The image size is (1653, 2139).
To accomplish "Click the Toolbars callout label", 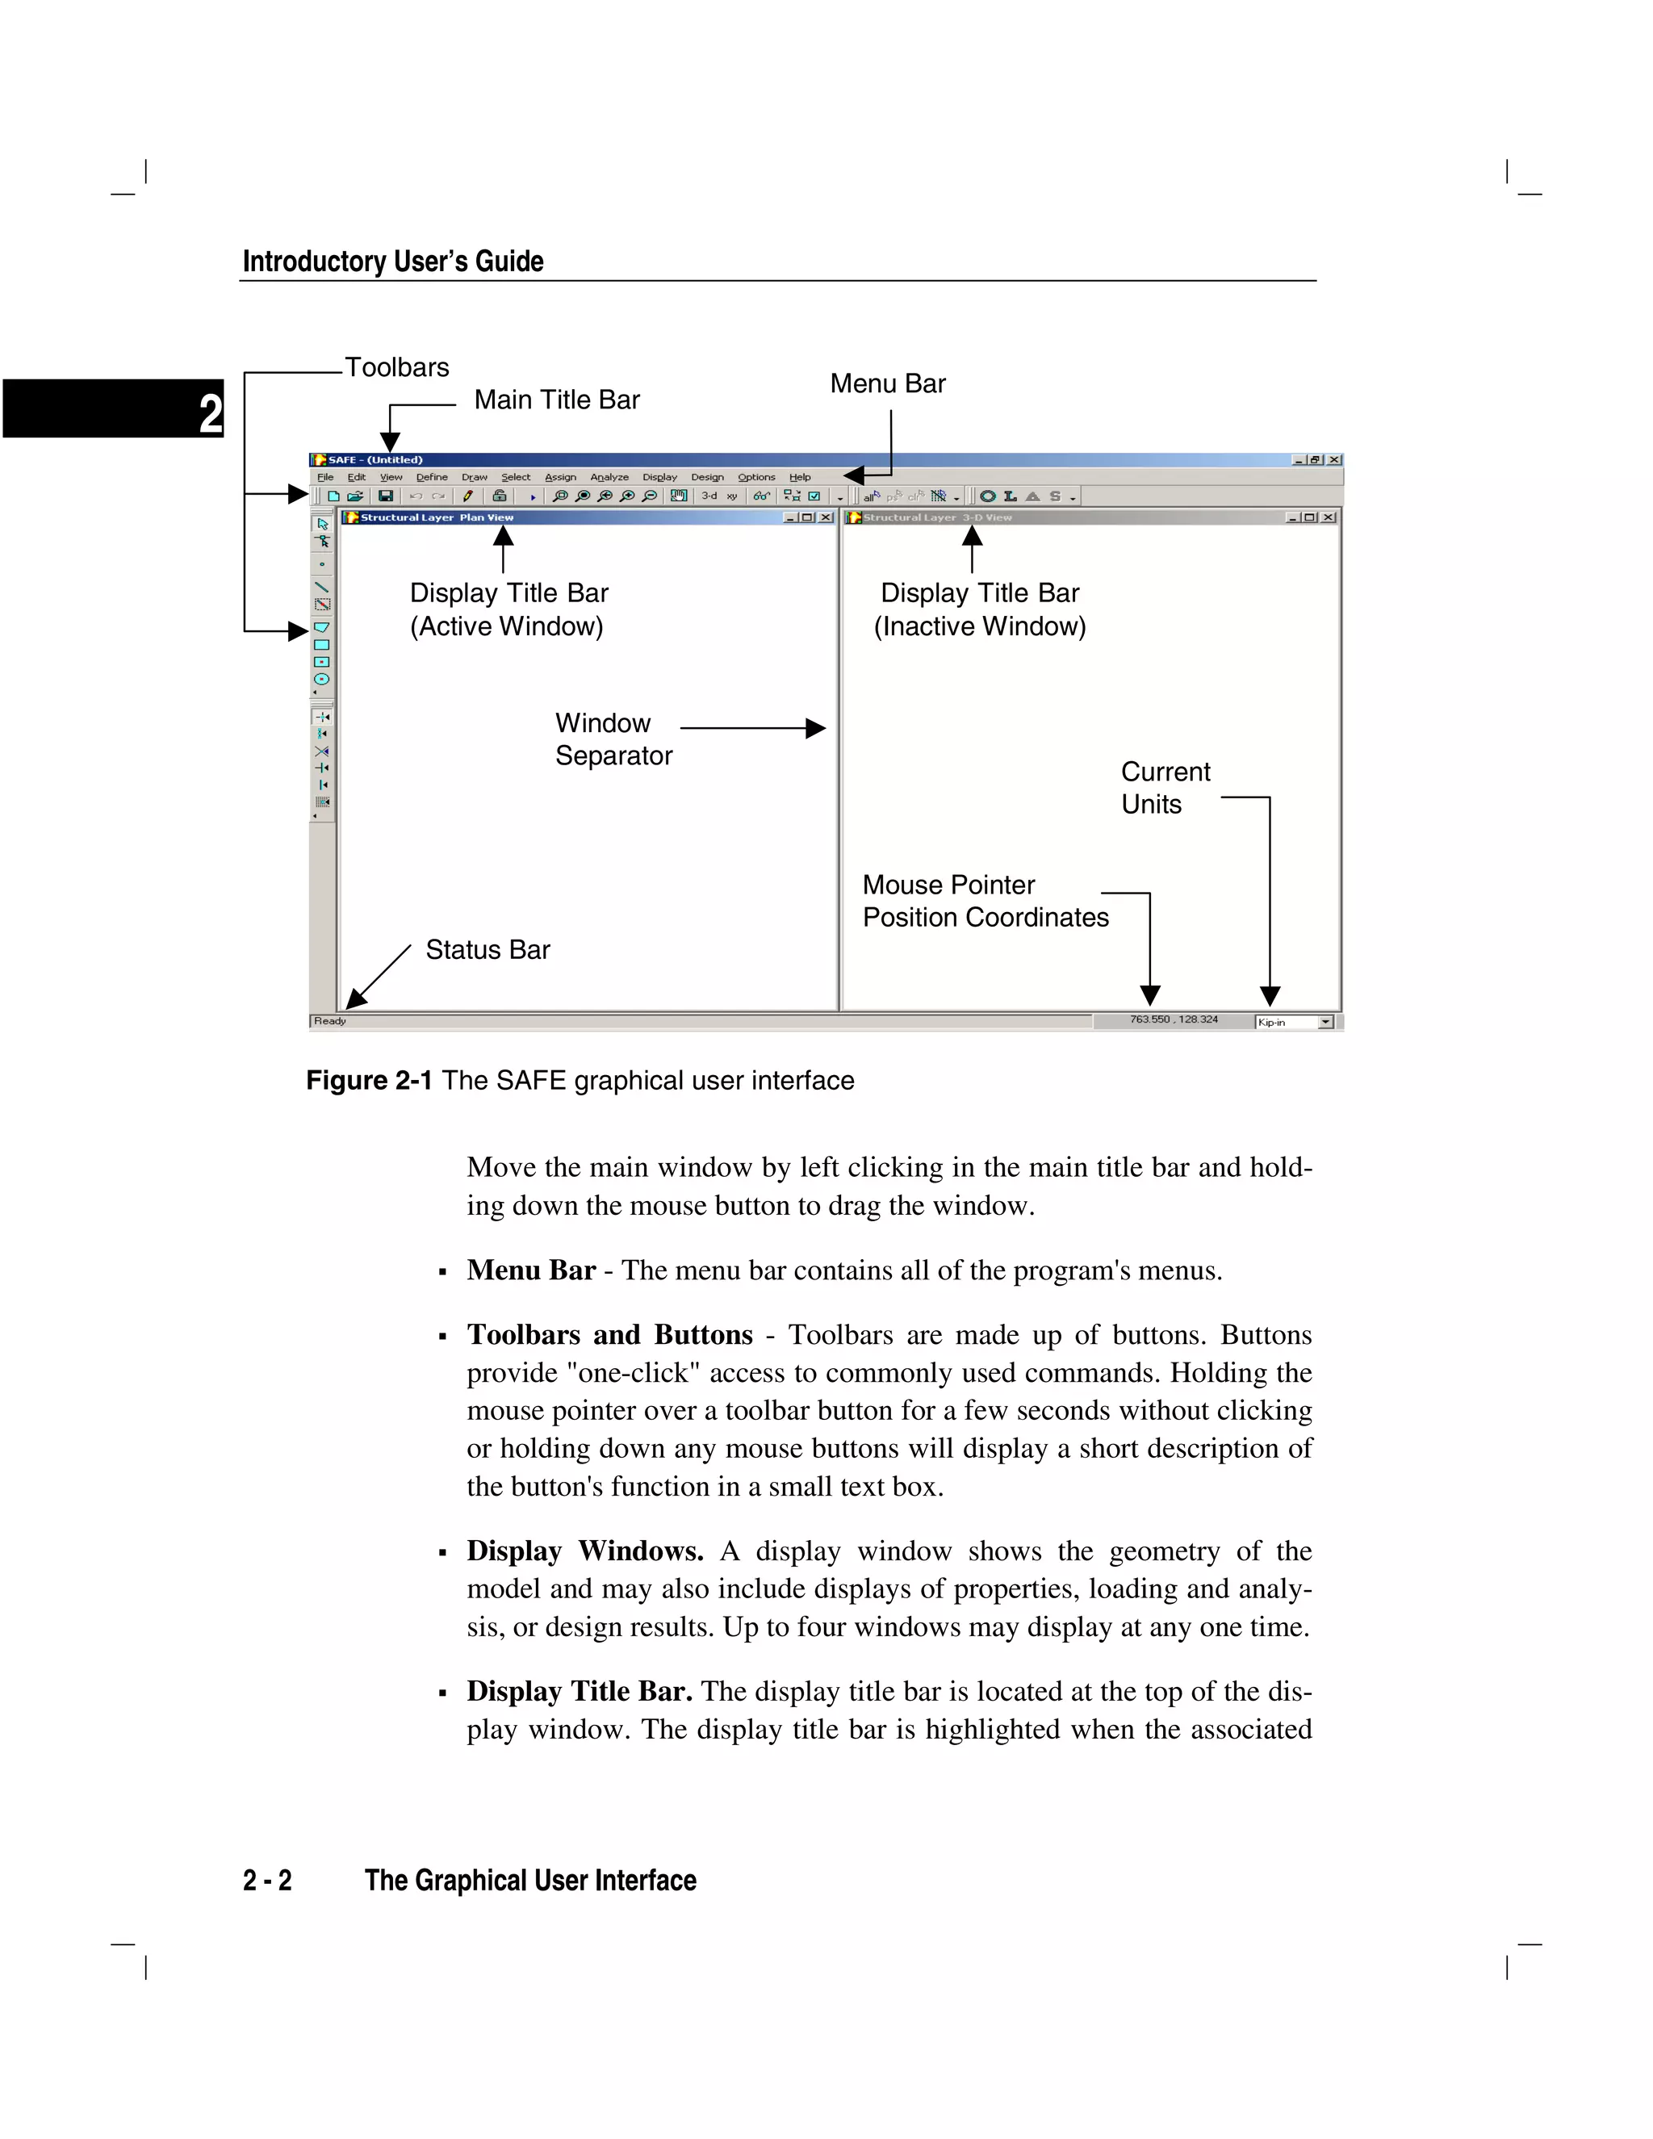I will (396, 367).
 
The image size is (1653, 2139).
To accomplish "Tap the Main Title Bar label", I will (556, 400).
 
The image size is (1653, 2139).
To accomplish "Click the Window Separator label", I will (613, 739).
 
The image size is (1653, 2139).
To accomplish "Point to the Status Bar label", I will (488, 949).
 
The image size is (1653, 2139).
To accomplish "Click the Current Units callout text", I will (1165, 788).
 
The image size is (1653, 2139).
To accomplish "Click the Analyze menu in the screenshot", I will (609, 477).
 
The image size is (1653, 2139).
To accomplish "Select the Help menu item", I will (800, 477).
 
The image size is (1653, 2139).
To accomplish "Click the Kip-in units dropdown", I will (1295, 1022).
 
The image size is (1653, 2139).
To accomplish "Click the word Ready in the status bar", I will (330, 1020).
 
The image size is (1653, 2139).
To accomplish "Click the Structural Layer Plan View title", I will (437, 517).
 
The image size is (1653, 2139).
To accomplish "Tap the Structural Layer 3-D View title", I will (937, 517).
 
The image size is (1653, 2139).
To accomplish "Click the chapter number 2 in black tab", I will (210, 412).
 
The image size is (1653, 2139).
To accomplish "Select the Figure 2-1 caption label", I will (369, 1080).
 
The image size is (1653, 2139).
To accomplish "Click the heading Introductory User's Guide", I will (393, 262).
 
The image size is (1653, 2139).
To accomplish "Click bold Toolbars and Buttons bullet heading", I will (609, 1334).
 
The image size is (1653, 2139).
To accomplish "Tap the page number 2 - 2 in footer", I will (267, 1881).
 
